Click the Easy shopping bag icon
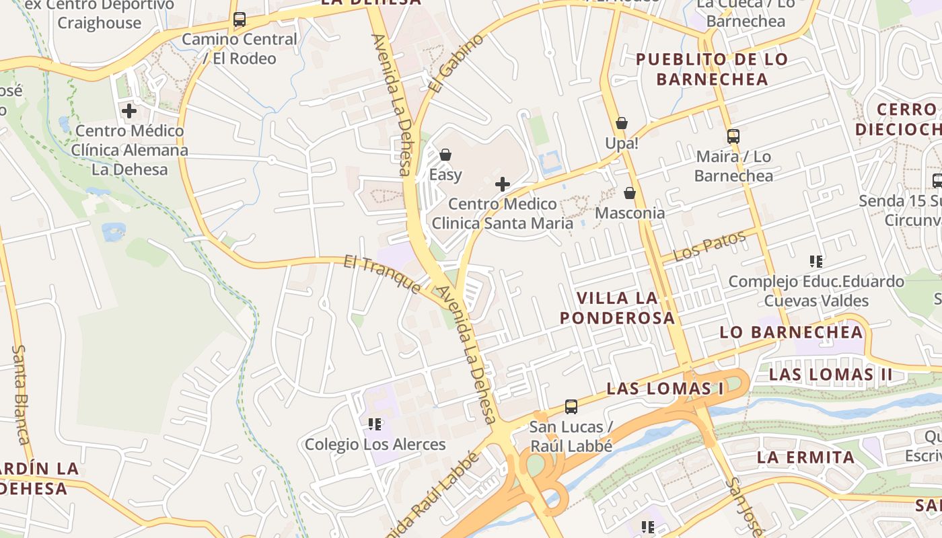click(445, 155)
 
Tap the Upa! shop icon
click(622, 123)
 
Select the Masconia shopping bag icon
click(630, 193)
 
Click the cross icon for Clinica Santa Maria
click(502, 184)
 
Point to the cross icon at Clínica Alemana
click(129, 110)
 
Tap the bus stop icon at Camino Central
click(240, 20)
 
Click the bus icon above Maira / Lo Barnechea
click(733, 136)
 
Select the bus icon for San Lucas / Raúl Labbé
click(571, 406)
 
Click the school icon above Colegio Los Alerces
click(375, 424)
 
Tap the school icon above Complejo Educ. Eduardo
click(816, 261)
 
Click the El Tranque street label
click(382, 273)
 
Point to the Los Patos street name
click(711, 246)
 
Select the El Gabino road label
click(456, 63)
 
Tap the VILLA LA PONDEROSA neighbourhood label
click(616, 307)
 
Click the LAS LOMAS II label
click(830, 375)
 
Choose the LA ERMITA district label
click(805, 458)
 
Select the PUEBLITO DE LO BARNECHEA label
click(711, 69)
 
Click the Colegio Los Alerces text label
click(375, 445)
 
